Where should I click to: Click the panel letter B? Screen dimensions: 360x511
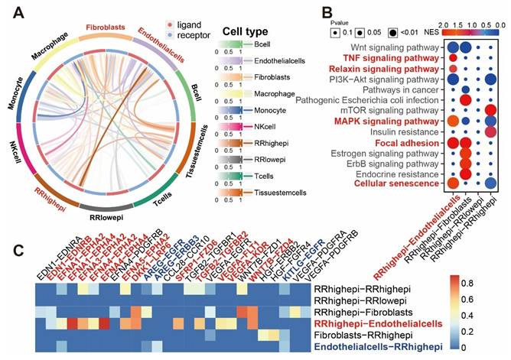(304, 12)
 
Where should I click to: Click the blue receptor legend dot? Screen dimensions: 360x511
(161, 35)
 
